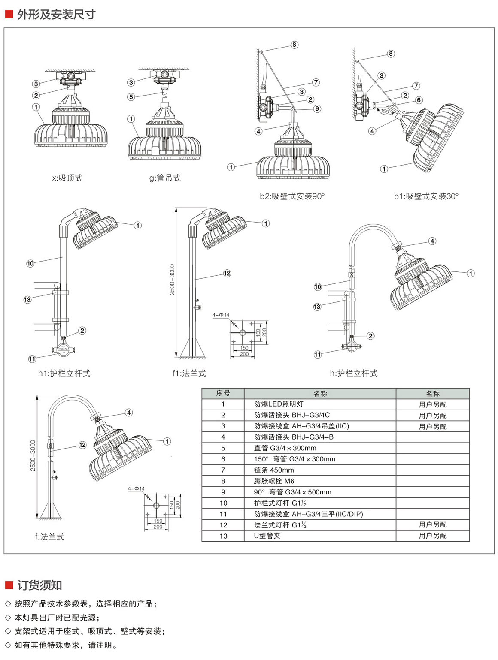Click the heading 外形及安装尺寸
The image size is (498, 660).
56,15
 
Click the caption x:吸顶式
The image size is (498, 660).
67,178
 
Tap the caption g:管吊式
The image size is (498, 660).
165,178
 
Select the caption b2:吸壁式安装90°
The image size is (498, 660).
292,196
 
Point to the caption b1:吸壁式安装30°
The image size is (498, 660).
426,196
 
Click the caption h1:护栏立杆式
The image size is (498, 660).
64,373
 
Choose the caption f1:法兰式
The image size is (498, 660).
189,373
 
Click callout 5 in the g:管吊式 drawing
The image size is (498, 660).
131,97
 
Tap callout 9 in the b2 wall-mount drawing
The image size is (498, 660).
317,109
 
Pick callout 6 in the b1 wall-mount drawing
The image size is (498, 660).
419,100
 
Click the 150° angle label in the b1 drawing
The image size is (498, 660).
385,112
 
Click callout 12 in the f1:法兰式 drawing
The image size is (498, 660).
227,273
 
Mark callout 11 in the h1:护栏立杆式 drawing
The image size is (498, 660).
32,359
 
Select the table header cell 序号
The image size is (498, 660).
223,393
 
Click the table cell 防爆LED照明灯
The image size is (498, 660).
279,404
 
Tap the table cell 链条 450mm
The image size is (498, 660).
274,470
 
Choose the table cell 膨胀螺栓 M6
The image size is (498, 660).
274,481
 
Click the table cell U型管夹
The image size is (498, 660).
267,536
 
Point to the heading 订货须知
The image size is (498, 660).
39,585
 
